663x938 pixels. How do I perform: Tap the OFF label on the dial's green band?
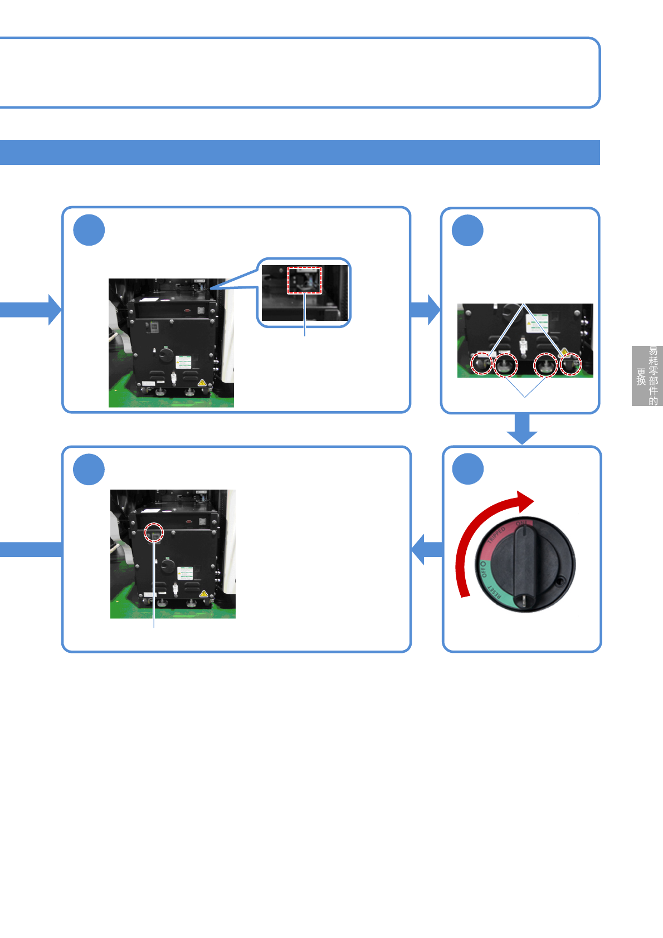click(481, 569)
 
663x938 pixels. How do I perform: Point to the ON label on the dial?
click(523, 524)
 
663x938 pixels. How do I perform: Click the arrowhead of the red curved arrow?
click(525, 501)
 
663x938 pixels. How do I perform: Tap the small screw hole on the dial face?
click(560, 582)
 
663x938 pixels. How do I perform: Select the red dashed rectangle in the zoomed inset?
click(304, 280)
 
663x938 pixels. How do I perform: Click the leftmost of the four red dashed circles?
click(481, 364)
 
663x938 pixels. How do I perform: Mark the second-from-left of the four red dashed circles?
click(506, 365)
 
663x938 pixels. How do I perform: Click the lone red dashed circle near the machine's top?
click(154, 533)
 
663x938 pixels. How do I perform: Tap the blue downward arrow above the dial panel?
click(522, 429)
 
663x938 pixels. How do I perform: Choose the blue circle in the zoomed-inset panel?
click(89, 230)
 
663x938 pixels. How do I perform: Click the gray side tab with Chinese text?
click(647, 375)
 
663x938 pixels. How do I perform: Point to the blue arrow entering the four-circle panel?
click(426, 309)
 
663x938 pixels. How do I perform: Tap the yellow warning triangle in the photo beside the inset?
click(202, 383)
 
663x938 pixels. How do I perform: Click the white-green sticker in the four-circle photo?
click(537, 323)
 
